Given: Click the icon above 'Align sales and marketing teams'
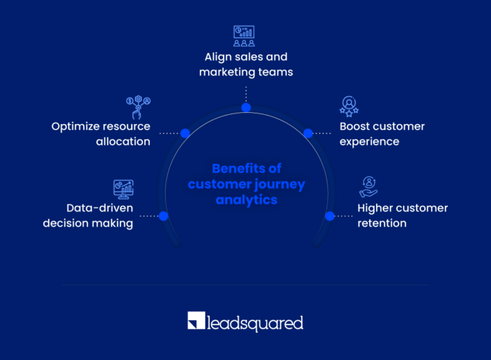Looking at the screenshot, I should tap(244, 36).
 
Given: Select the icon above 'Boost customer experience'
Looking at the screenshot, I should tap(349, 106).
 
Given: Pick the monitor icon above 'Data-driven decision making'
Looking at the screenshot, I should tap(123, 188).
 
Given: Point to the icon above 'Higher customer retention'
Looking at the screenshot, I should tap(368, 187).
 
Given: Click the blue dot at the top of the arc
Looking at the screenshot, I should tap(246, 107).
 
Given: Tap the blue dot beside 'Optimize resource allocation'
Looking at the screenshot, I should tap(185, 133).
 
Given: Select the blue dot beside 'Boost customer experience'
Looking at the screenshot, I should tap(307, 133).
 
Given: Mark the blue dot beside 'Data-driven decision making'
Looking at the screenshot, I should tap(164, 216).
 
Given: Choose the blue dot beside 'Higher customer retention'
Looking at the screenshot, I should tap(330, 216).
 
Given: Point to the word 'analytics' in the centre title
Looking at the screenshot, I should tap(246, 200).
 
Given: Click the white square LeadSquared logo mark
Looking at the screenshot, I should tap(196, 321).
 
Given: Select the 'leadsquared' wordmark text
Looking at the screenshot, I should tap(256, 322).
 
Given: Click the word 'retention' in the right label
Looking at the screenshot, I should tap(382, 224).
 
